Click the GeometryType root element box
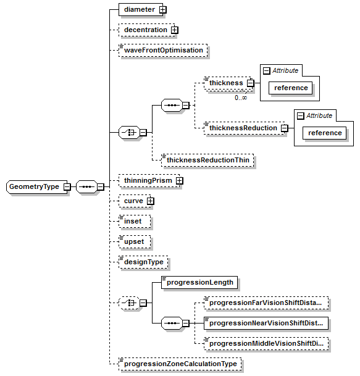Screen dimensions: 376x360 click(35, 187)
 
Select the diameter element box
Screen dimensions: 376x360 click(138, 10)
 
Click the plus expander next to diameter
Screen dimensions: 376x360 click(163, 10)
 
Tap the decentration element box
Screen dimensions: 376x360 click(144, 30)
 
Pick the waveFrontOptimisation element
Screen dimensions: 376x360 click(163, 50)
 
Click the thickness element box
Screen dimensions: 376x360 click(225, 83)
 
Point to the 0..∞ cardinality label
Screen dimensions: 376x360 click(240, 98)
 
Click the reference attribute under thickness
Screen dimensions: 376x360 click(291, 88)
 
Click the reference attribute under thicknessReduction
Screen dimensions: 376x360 click(325, 133)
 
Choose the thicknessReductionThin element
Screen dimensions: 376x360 click(207, 160)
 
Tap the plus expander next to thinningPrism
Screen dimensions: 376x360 click(180, 180)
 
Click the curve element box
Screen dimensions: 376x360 click(133, 201)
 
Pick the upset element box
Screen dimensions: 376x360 click(135, 241)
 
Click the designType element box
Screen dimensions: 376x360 click(143, 262)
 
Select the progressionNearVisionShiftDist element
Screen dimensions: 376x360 click(266, 323)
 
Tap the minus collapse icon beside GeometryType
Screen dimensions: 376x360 click(67, 187)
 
